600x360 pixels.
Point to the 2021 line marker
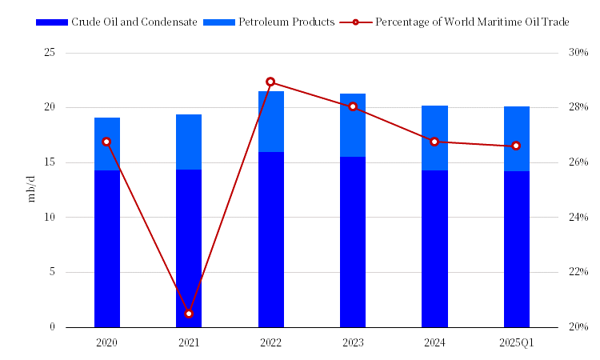pos(189,314)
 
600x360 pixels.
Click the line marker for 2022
pos(270,82)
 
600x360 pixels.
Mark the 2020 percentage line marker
pos(106,142)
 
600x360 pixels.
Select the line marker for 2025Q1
pos(516,146)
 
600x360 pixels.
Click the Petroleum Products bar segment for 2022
pos(270,122)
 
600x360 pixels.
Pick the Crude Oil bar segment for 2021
pos(189,248)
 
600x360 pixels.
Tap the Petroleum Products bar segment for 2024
pos(434,138)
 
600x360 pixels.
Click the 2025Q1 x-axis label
pos(516,342)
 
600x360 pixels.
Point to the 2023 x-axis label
pos(353,342)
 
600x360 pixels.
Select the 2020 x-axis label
pos(106,342)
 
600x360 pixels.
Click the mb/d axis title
pos(32,190)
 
